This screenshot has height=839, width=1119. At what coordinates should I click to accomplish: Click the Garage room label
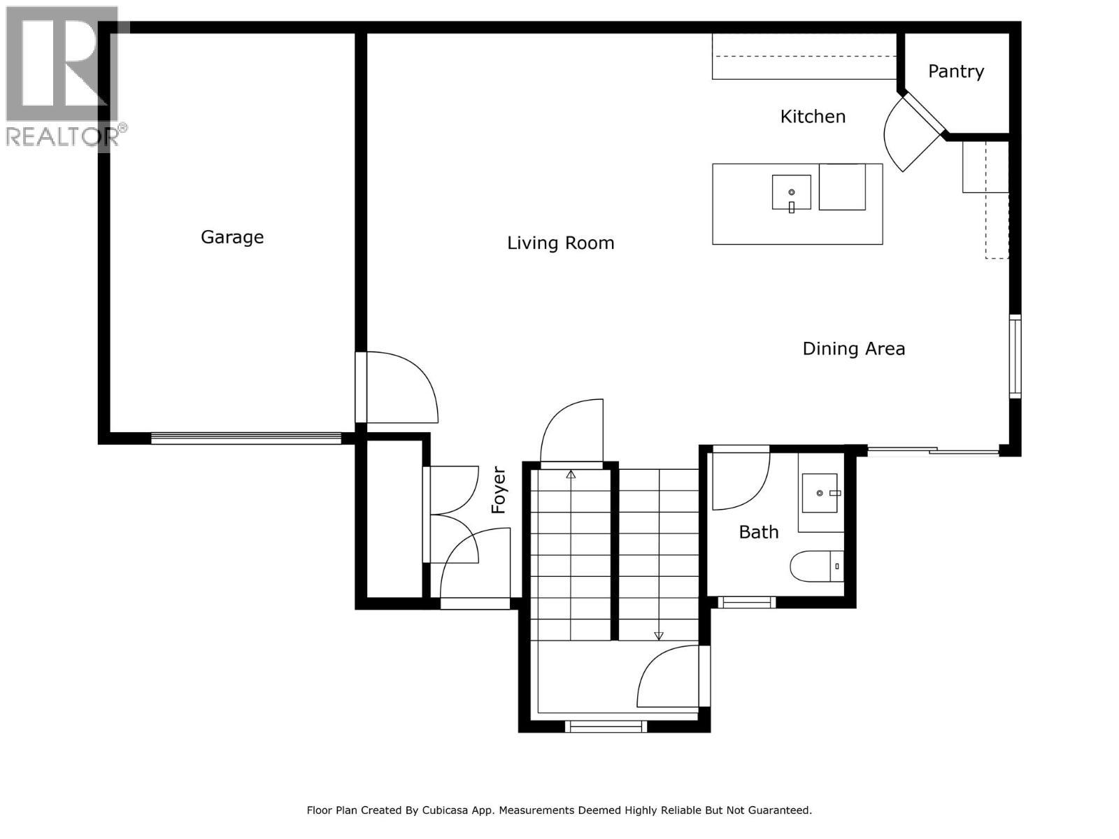[232, 237]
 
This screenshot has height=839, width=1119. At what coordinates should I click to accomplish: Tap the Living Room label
[560, 243]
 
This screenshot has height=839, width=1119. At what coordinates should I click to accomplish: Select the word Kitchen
[813, 116]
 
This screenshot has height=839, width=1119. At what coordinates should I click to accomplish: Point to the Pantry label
[955, 71]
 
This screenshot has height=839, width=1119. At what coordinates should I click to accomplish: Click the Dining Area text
[853, 348]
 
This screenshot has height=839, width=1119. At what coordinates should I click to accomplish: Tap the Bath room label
[758, 532]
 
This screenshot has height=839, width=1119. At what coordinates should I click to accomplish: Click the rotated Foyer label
[499, 490]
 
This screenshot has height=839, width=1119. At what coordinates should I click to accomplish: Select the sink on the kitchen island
[791, 192]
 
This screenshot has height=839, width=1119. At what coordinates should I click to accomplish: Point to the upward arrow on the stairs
[571, 475]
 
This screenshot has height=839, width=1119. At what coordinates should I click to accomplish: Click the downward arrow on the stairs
[658, 635]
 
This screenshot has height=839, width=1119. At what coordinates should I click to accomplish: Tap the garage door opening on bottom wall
[246, 438]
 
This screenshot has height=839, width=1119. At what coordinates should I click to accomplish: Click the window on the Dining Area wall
[1015, 357]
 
